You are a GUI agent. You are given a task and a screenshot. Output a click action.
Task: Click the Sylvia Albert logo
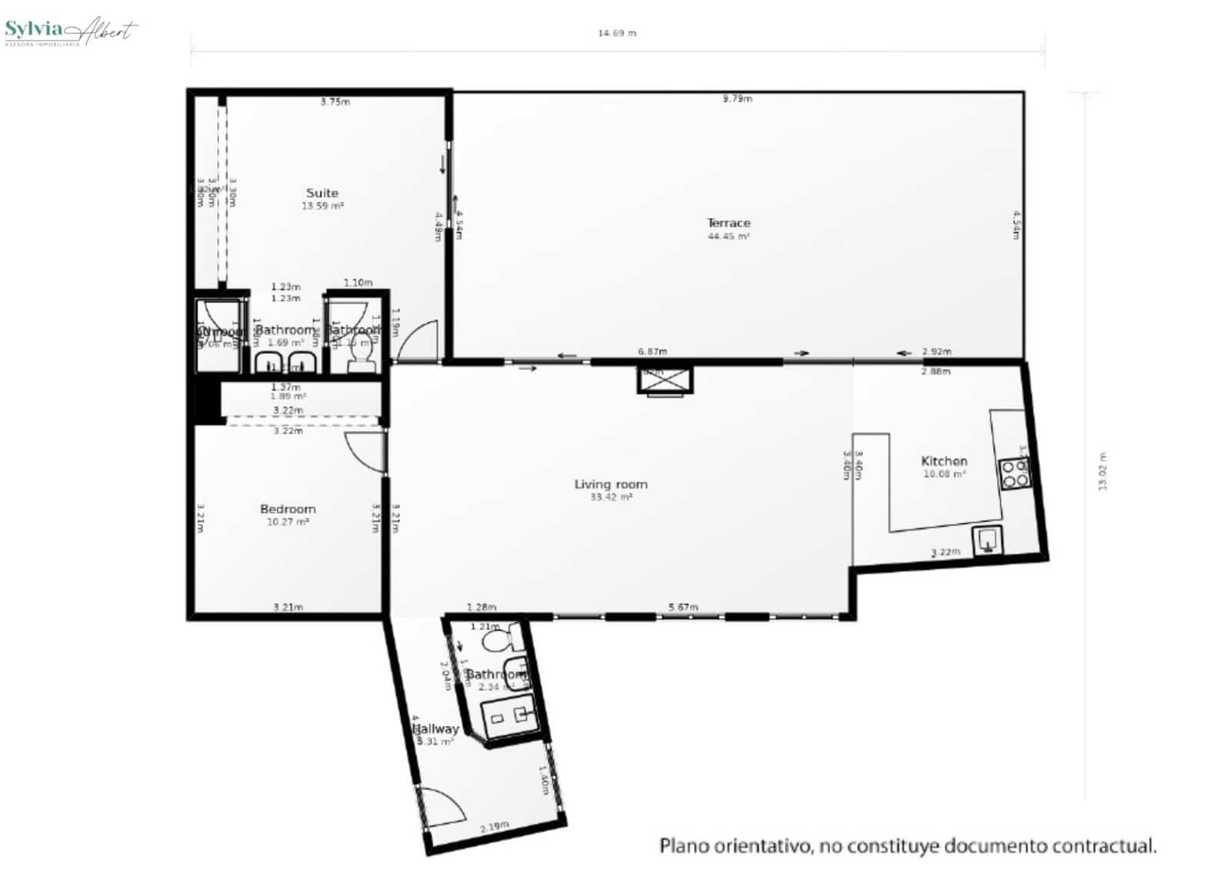click(71, 31)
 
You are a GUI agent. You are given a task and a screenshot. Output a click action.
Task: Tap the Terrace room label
click(729, 223)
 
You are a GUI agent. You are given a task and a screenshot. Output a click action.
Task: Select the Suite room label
click(322, 193)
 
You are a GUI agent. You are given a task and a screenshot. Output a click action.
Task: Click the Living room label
click(611, 484)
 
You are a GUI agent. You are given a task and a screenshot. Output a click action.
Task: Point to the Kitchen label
click(944, 461)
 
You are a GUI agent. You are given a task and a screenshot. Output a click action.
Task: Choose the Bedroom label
click(288, 509)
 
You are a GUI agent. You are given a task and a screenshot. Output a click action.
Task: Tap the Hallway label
click(435, 728)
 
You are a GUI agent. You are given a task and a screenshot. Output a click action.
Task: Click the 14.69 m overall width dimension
click(617, 33)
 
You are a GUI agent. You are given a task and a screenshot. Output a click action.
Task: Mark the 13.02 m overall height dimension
click(1102, 471)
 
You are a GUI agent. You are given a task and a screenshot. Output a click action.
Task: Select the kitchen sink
click(988, 540)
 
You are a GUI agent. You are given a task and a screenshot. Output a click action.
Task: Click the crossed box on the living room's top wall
click(665, 380)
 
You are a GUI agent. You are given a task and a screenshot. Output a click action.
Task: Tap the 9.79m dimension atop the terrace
click(737, 99)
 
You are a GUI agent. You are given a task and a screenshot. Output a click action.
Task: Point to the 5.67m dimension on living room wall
click(683, 607)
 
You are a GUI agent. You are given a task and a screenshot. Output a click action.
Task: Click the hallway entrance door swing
click(440, 804)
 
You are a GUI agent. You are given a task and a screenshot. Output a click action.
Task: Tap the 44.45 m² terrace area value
click(729, 237)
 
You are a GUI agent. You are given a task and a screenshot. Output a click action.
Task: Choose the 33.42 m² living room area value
click(611, 498)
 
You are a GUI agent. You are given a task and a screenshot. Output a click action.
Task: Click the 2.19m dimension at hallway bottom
click(494, 827)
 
